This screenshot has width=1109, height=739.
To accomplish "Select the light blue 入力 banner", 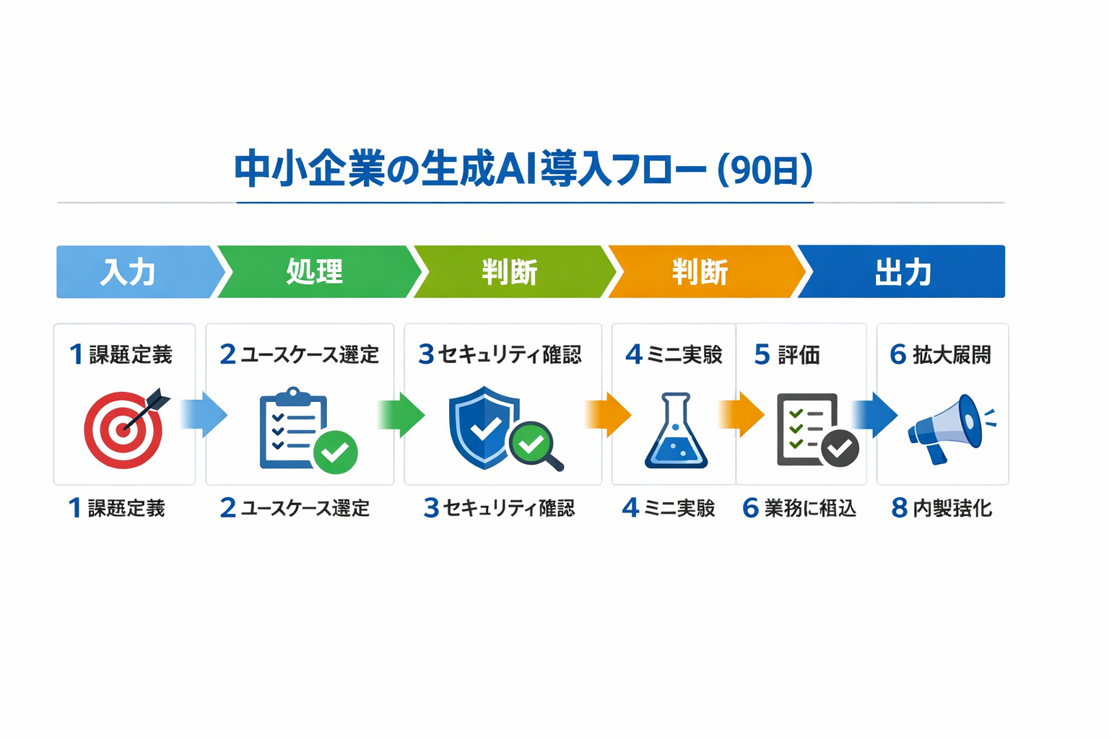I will [130, 272].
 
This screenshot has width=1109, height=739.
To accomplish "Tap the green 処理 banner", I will [315, 272].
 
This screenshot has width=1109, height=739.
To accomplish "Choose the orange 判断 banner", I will [700, 272].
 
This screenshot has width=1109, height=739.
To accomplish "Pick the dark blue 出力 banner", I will [903, 272].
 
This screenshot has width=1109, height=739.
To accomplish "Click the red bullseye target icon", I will [123, 432].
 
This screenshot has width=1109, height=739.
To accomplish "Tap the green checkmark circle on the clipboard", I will [335, 452].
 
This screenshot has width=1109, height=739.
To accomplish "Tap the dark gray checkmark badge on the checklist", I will [840, 449].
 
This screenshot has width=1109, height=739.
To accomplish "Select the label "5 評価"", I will [787, 355].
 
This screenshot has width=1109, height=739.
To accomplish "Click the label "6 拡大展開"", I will [940, 355].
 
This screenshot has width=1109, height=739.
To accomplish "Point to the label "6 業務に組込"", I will [799, 508].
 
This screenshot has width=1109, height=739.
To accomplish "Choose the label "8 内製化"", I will [941, 508].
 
